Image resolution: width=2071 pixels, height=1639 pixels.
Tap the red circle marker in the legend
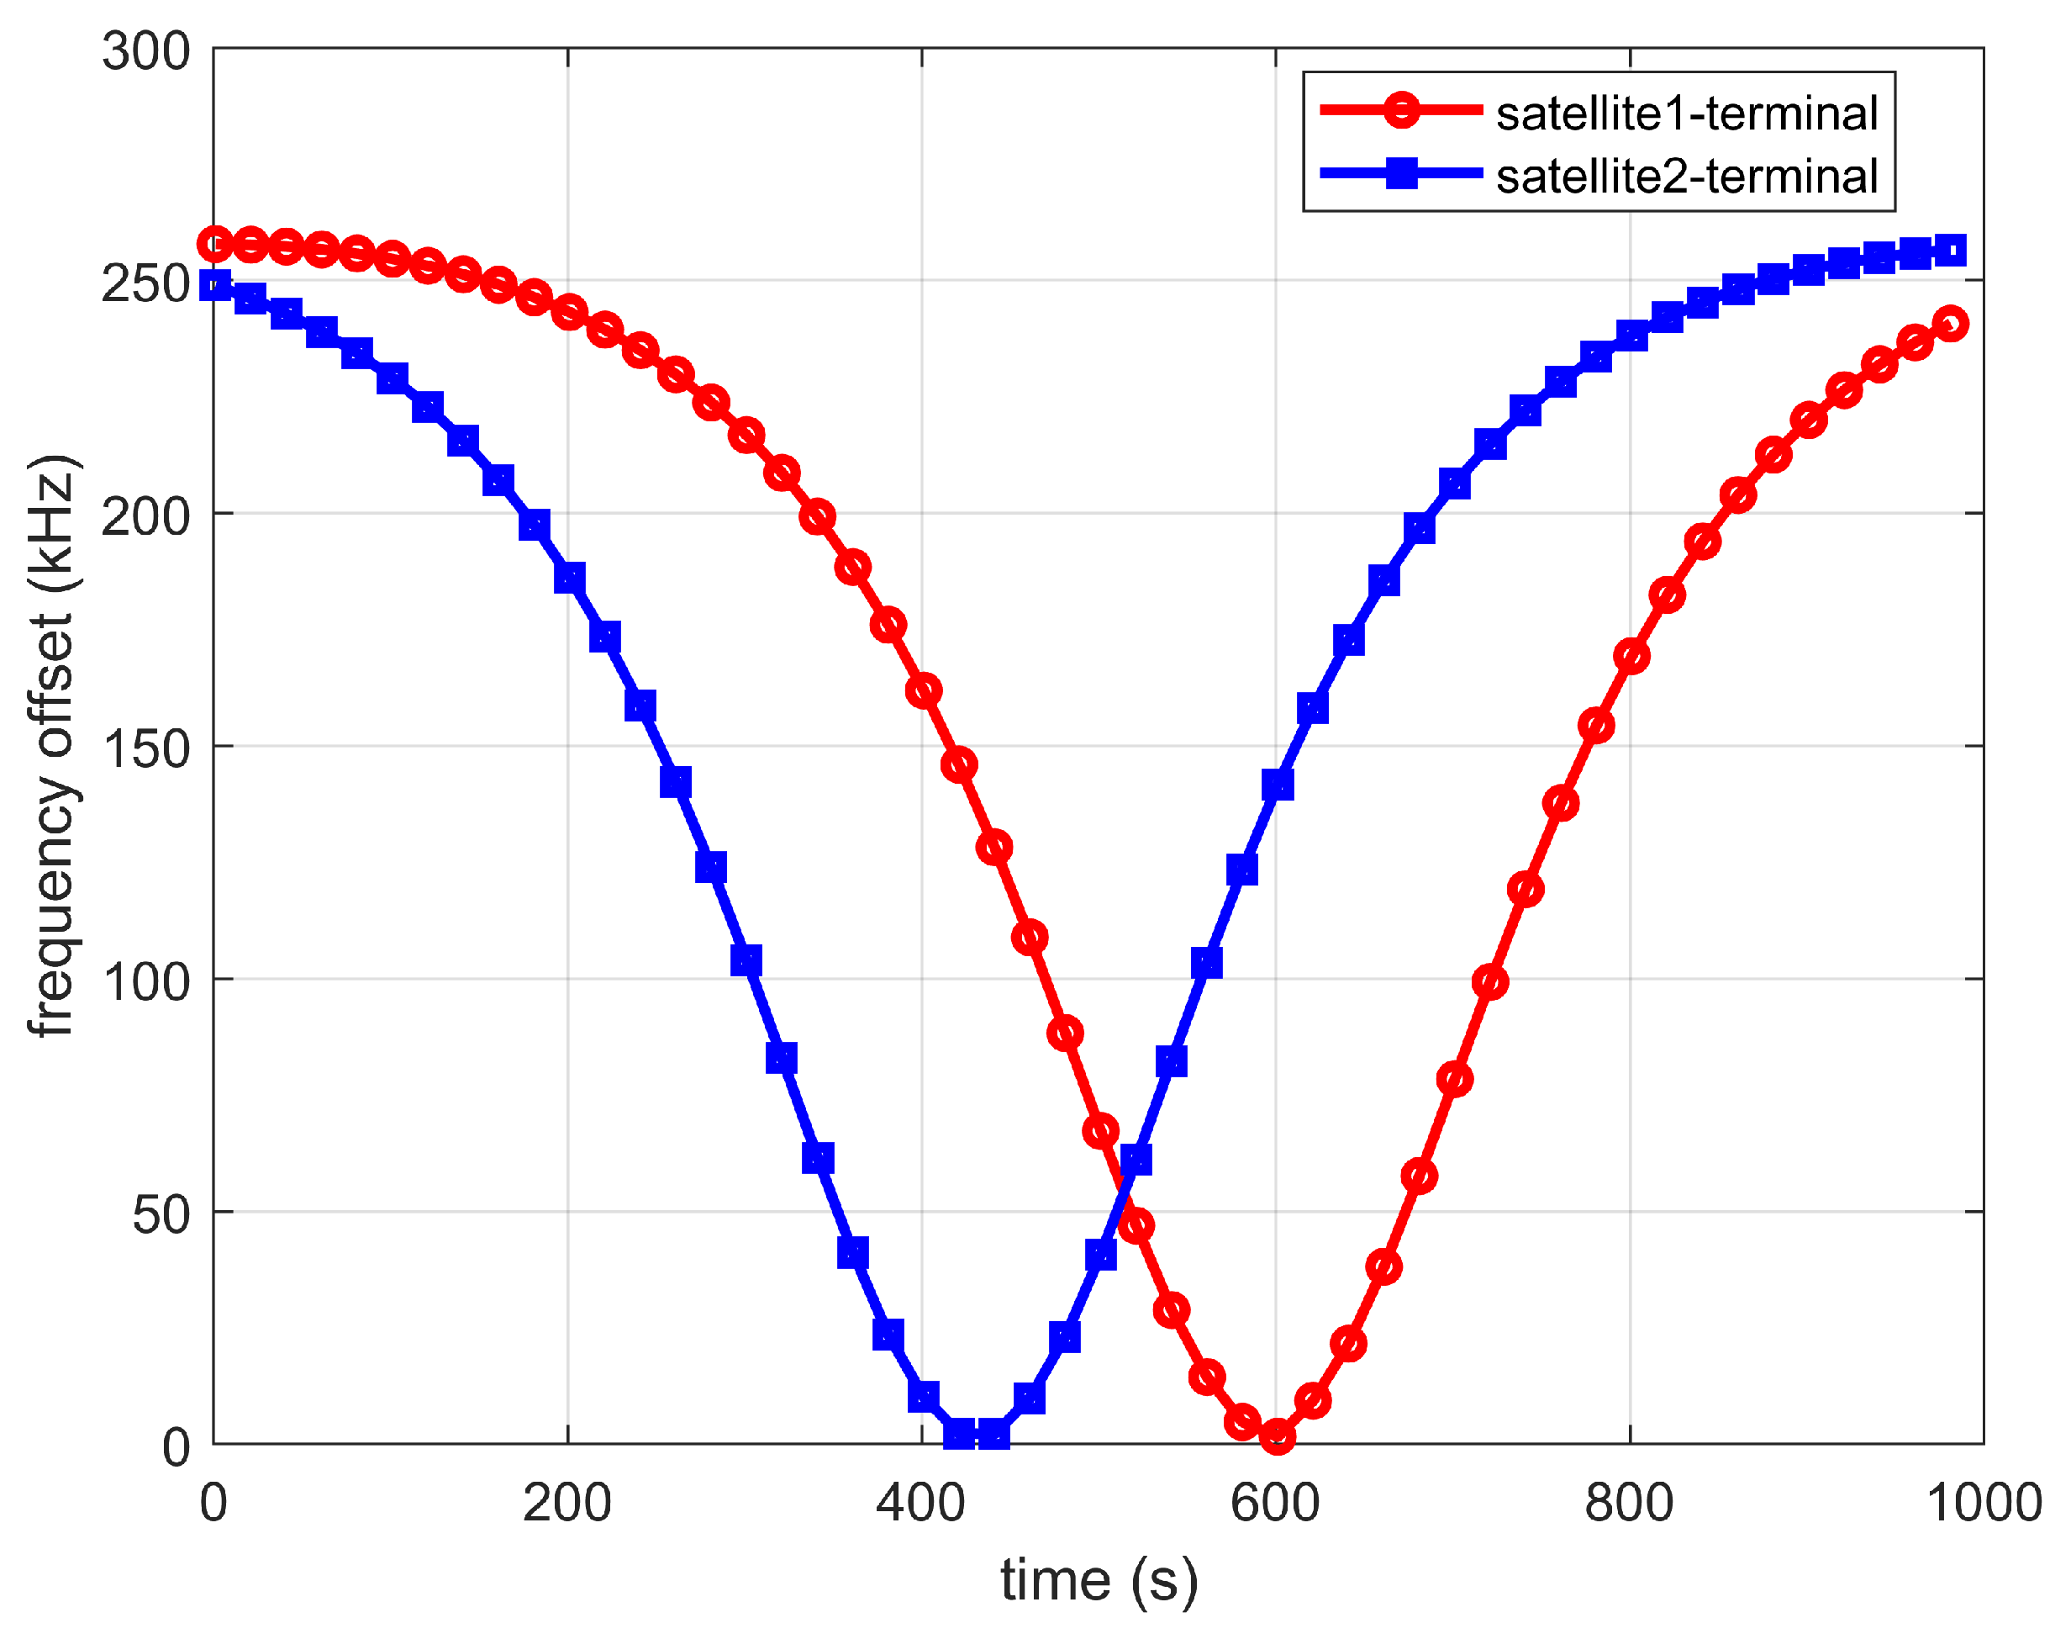pyautogui.click(x=1400, y=110)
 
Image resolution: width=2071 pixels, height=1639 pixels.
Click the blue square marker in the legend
pyautogui.click(x=1400, y=174)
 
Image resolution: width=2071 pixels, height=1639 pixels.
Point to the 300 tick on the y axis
pyautogui.click(x=145, y=50)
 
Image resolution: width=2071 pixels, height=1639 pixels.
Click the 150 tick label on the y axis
pyautogui.click(x=145, y=749)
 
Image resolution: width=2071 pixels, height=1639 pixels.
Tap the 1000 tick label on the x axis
pyautogui.click(x=1982, y=1503)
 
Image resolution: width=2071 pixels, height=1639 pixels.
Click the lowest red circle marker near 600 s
pyautogui.click(x=1276, y=1435)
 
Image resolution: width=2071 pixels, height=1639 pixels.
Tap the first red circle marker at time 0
pyautogui.click(x=215, y=245)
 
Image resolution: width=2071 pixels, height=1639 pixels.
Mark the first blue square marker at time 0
pyautogui.click(x=215, y=285)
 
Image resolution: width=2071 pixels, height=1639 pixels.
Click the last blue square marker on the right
pyautogui.click(x=1949, y=251)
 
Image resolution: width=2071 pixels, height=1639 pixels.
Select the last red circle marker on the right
pyautogui.click(x=1949, y=324)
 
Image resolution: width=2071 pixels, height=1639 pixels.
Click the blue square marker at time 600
pyautogui.click(x=1277, y=785)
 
